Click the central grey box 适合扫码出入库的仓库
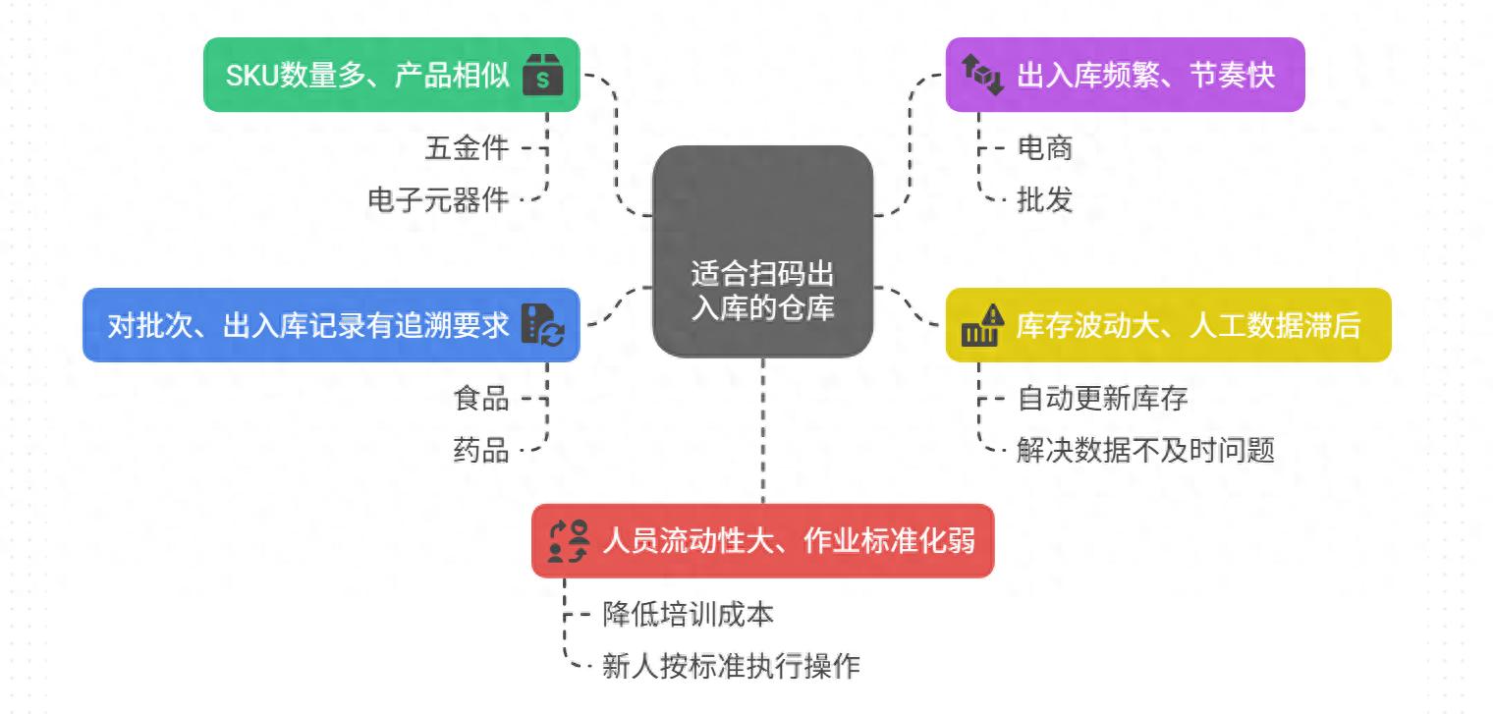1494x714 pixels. (762, 250)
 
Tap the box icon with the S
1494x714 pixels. (542, 75)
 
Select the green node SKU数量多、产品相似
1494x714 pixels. (392, 75)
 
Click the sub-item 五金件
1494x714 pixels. (467, 148)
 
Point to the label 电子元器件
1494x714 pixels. (438, 199)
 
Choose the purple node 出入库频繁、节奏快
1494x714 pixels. (1126, 75)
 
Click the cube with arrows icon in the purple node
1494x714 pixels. (982, 75)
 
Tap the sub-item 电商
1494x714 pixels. (1044, 148)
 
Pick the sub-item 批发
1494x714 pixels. (1044, 199)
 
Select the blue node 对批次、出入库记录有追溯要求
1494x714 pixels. (331, 325)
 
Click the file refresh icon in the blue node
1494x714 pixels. (542, 325)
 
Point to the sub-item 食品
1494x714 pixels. (481, 399)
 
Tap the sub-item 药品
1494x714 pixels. (481, 450)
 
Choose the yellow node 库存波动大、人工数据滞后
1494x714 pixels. (1169, 325)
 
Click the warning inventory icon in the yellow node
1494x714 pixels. (982, 325)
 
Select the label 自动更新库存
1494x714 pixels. (1102, 399)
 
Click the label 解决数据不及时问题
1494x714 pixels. (1145, 450)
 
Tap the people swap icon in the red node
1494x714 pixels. (569, 541)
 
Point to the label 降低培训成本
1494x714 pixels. (688, 614)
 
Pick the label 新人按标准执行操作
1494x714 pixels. (731, 665)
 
